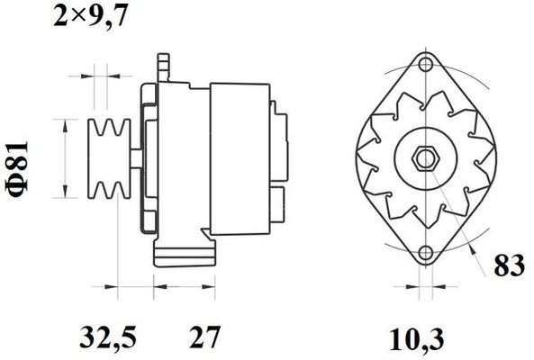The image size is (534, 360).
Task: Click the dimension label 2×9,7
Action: [x=90, y=15]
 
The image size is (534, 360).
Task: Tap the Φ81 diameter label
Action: [x=17, y=169]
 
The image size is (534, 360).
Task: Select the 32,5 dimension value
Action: [x=108, y=337]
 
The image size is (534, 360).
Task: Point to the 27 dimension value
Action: [x=205, y=337]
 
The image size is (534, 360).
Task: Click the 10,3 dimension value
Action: [x=417, y=338]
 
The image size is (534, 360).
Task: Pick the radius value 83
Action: [x=509, y=265]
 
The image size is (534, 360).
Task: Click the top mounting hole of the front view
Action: [x=426, y=64]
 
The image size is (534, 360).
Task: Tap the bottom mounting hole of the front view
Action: [x=426, y=253]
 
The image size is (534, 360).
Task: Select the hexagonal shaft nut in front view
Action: [x=426, y=158]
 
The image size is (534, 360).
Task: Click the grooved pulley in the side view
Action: [x=109, y=158]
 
